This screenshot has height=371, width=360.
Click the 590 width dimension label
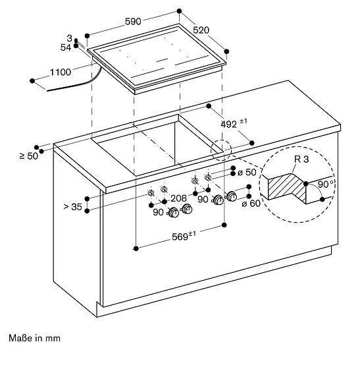[133, 22]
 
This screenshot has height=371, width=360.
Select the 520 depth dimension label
[201, 30]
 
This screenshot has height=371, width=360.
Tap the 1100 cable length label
[61, 72]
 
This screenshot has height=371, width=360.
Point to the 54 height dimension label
[65, 47]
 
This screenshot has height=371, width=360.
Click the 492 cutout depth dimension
[234, 123]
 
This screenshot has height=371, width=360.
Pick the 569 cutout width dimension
[184, 236]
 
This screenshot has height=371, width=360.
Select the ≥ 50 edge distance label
[29, 156]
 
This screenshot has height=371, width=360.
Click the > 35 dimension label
[73, 207]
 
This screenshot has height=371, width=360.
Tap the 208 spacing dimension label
[178, 198]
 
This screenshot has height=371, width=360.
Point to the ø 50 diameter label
[247, 172]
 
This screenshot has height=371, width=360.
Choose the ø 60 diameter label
[251, 203]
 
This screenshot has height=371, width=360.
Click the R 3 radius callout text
[301, 159]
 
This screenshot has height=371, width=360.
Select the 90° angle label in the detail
[325, 185]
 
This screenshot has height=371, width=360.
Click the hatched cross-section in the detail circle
[287, 187]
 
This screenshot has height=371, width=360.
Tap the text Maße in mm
[34, 338]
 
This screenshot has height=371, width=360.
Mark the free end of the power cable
[47, 90]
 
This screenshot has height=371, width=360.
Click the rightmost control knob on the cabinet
[232, 196]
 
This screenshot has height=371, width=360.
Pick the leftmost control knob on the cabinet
[174, 212]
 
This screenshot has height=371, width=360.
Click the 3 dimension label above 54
[69, 38]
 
